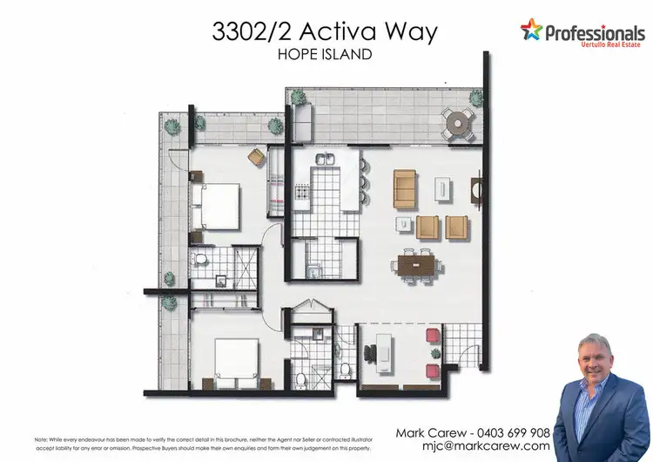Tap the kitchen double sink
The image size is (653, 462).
point(326,160)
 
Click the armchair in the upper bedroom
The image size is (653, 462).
point(257,156)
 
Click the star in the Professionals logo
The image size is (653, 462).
point(531,32)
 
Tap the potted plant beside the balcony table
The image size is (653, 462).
point(476,96)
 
